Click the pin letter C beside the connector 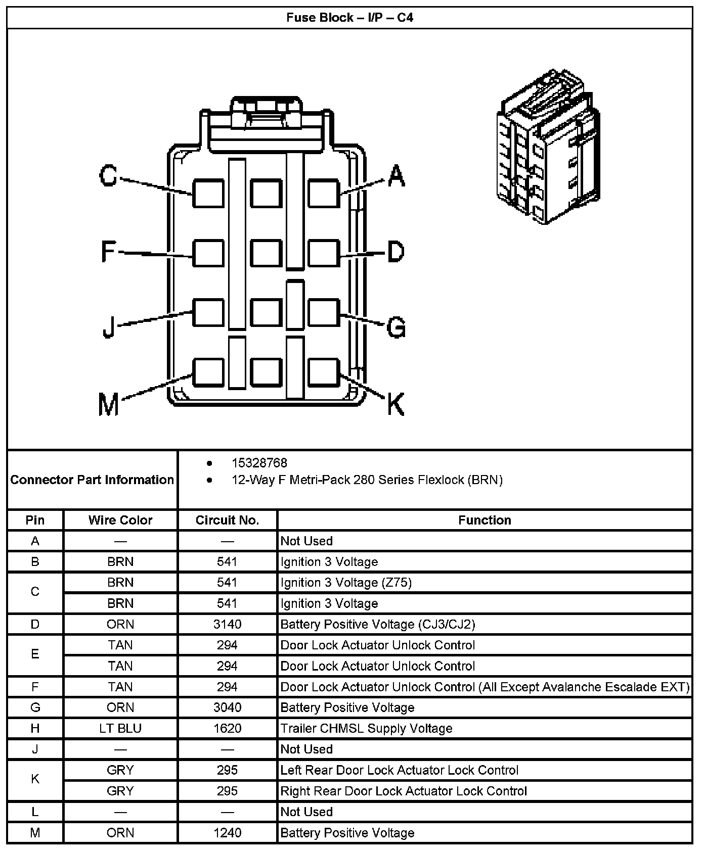pos(108,176)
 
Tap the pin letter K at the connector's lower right pos(395,404)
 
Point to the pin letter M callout pos(109,404)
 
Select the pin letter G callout pos(396,327)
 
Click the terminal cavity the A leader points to pos(323,193)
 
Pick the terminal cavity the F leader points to pos(208,253)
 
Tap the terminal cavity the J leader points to pos(208,312)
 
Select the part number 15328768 pos(259,463)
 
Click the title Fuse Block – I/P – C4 pos(349,18)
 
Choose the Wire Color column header pos(120,520)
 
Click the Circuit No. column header pos(227,520)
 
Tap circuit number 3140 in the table pos(227,624)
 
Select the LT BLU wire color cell pos(120,728)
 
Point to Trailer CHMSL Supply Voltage pos(366,728)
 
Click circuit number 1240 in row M pos(227,832)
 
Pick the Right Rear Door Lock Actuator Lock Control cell pos(404,791)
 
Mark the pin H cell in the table pos(35,728)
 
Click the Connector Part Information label pos(92,480)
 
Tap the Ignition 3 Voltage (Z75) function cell pos(346,583)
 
